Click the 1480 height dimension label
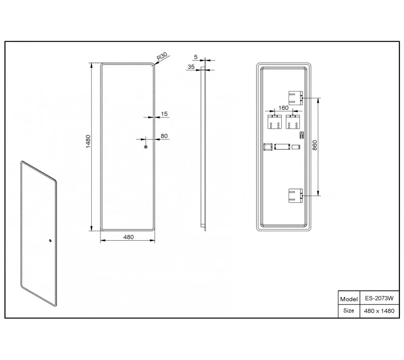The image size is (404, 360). click(88, 141)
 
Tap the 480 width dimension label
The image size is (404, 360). click(128, 237)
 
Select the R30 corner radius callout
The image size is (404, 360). click(162, 56)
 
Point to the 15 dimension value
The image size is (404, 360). click(164, 114)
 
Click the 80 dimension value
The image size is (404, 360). click(164, 136)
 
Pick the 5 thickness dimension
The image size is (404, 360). click(196, 57)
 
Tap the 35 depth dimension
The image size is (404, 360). click(191, 67)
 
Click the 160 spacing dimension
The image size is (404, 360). click(283, 108)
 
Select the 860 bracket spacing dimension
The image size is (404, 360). click(315, 146)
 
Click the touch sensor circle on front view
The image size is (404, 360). click(145, 147)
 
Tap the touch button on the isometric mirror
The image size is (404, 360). click(50, 241)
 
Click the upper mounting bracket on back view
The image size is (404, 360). click(295, 98)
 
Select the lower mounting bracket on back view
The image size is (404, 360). click(295, 196)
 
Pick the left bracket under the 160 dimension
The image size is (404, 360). click(275, 122)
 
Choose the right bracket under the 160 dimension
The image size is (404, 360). click(293, 122)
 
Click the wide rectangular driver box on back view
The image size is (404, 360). click(282, 147)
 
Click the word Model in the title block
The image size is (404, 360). click(349, 299)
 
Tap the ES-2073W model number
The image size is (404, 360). click(379, 298)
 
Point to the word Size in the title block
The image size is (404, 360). click(348, 310)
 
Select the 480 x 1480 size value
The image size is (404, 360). click(379, 311)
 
